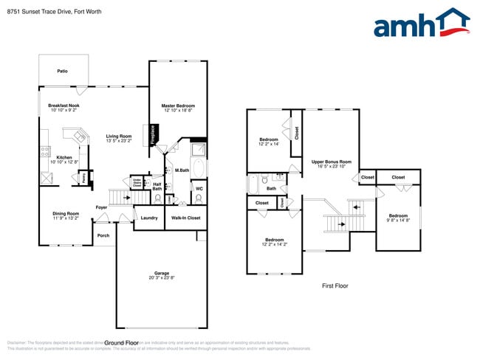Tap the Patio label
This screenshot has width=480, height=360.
(x=63, y=72)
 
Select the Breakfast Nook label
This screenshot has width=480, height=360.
(x=64, y=105)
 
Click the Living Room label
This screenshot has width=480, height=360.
(x=118, y=136)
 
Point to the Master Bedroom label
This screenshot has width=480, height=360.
(x=177, y=105)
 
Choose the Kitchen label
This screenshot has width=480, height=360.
(x=64, y=157)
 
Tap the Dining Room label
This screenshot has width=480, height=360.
(x=66, y=214)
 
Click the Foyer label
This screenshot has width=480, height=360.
(x=102, y=207)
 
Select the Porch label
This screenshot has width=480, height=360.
(x=103, y=236)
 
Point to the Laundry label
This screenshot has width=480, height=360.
(x=148, y=218)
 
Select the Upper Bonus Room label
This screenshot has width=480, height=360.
(x=331, y=162)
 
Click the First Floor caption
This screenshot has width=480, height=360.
(x=335, y=285)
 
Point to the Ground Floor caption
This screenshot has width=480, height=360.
(x=123, y=343)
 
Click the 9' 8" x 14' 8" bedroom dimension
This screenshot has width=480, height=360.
(x=398, y=220)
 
